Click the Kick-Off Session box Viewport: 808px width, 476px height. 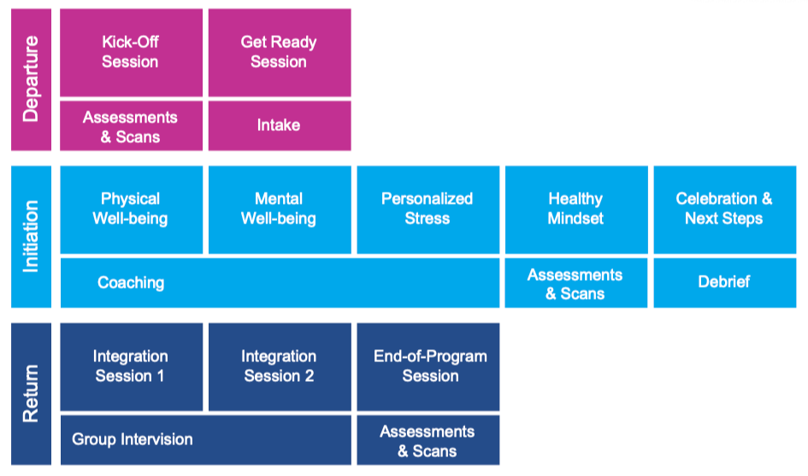pyautogui.click(x=132, y=52)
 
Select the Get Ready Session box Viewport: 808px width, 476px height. pyautogui.click(x=280, y=52)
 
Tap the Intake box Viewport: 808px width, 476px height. pyautogui.click(x=280, y=126)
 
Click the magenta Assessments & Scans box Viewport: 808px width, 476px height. pyautogui.click(x=132, y=126)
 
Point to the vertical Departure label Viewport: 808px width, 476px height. pyautogui.click(x=31, y=80)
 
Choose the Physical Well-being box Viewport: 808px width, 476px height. pyautogui.click(x=132, y=210)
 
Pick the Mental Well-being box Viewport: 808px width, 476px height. pyautogui.click(x=280, y=210)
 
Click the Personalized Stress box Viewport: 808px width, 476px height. pyautogui.click(x=428, y=210)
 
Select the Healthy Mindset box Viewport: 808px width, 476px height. pyautogui.click(x=576, y=210)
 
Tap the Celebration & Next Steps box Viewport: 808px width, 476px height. pyautogui.click(x=725, y=210)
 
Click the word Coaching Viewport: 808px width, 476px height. pyautogui.click(x=131, y=283)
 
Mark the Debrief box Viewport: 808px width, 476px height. pyautogui.click(x=725, y=283)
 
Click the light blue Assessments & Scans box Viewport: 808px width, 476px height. pyautogui.click(x=576, y=283)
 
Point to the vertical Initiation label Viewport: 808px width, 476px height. pyautogui.click(x=31, y=236)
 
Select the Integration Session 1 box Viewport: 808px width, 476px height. pyautogui.click(x=132, y=366)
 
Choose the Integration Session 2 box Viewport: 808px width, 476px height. pyautogui.click(x=280, y=366)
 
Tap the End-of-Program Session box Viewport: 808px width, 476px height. pyautogui.click(x=428, y=366)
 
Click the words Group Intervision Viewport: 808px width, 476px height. pyautogui.click(x=133, y=439)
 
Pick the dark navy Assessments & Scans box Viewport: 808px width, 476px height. pyautogui.click(x=428, y=440)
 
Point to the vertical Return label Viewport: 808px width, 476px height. pyautogui.click(x=31, y=394)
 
